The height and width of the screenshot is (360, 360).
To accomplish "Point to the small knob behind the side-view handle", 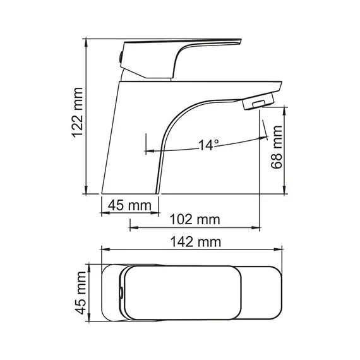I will tap(119, 58).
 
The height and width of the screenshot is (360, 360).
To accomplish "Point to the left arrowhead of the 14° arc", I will tap(149, 151).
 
